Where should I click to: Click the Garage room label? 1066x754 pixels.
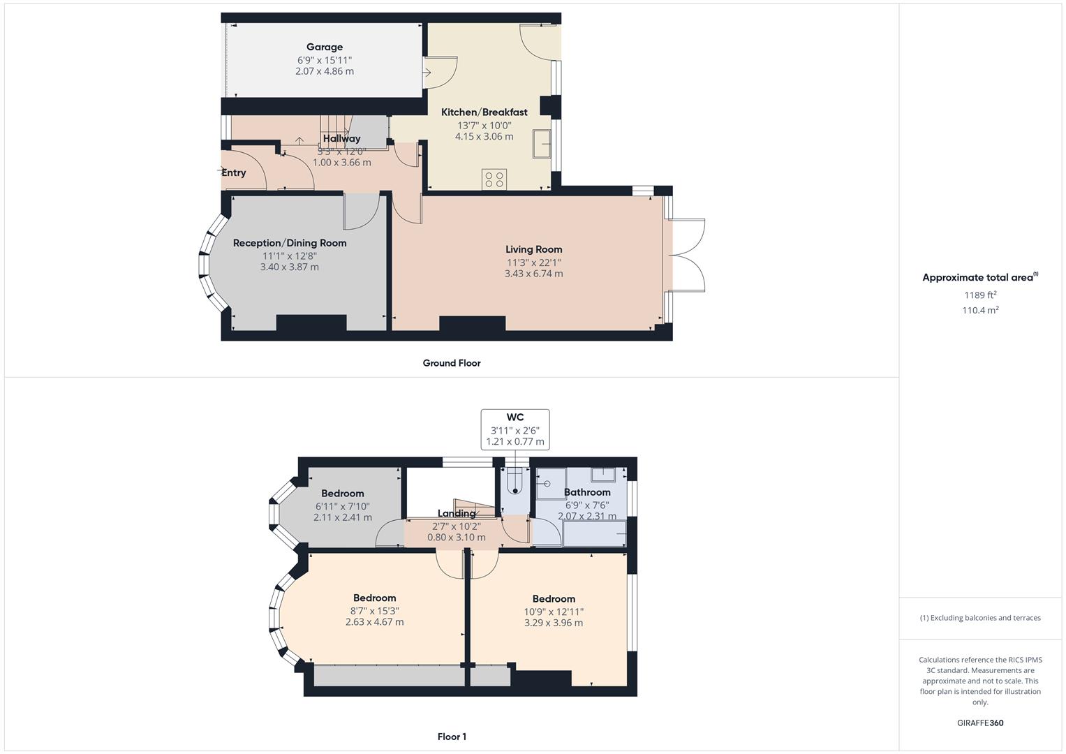coord(325,47)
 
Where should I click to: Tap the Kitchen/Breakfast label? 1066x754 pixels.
coord(484,112)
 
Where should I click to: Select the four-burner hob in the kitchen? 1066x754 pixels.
coord(494,179)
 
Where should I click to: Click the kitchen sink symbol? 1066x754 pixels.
coord(542,145)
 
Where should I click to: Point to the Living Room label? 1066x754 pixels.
coord(533,249)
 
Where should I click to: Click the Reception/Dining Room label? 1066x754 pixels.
coord(290,243)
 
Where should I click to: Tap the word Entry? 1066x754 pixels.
coord(234,173)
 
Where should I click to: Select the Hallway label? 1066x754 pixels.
coord(341,139)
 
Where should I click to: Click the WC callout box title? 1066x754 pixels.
coord(515,417)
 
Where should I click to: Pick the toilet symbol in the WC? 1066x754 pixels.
coord(515,480)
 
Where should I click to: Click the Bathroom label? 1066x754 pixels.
coord(587,492)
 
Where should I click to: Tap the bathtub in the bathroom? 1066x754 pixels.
coord(595,534)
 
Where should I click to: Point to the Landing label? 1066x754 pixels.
coord(457,514)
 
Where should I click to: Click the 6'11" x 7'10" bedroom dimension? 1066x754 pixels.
coord(343,506)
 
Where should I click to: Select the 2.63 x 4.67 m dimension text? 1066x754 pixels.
coord(375,622)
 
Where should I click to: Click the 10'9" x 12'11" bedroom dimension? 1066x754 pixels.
coord(554,612)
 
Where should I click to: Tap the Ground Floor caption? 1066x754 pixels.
coord(452,363)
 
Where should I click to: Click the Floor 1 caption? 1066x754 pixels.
coord(452,737)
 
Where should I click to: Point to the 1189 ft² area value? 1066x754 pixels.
coord(980,295)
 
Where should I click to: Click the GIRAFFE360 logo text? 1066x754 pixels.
coord(980,723)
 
